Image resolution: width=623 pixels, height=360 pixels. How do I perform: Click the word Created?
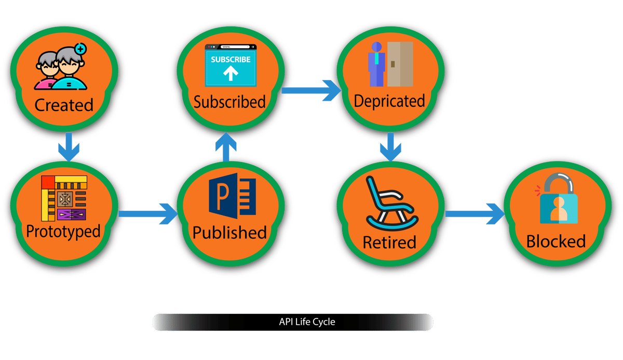pos(64,105)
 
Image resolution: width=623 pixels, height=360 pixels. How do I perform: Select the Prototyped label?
pos(63,231)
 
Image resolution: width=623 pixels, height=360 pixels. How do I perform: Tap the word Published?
pos(229,233)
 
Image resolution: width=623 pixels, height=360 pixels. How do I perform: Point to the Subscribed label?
pos(229,102)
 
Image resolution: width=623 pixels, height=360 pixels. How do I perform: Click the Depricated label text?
pos(389,101)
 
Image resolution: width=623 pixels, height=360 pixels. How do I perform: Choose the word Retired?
pos(389,242)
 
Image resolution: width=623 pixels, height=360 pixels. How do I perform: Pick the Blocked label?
pos(556,242)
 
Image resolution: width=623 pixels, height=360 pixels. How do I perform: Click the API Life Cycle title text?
pos(307,322)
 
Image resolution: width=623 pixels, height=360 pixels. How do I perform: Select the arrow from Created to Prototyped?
pos(69,147)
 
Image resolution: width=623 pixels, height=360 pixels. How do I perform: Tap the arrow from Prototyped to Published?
pos(148,213)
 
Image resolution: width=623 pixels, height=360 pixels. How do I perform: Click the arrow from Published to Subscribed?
pos(226,146)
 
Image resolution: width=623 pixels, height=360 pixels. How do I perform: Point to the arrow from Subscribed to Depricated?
pos(310,91)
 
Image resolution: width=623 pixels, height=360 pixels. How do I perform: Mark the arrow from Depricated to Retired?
pos(390,146)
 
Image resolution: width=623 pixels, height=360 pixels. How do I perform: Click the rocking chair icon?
pos(390,203)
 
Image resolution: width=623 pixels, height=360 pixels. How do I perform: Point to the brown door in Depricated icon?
pos(400,64)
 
